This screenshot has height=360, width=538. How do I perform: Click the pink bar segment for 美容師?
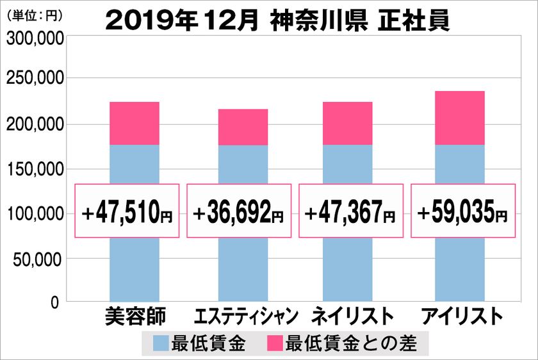pos(134,123)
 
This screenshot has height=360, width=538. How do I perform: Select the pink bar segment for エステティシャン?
pos(243,127)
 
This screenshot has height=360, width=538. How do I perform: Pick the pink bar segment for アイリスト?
pos(459,118)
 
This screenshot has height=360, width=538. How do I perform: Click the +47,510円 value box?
pos(127,211)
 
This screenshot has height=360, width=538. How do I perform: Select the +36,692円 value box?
pos(239,211)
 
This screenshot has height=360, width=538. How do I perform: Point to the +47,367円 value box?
pos(351,211)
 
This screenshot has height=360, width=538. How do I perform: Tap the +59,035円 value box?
pos(462,211)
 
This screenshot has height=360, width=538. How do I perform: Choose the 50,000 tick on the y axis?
pos(38,259)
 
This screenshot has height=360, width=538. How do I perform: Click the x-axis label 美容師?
pos(134,317)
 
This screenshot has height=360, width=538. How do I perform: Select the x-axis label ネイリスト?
pos(352,317)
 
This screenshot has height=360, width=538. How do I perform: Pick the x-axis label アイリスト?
pos(459,317)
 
